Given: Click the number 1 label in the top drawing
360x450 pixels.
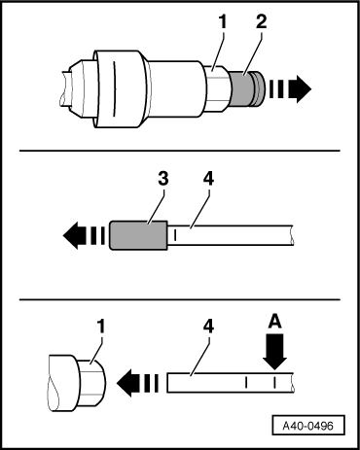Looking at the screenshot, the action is coord(222,22).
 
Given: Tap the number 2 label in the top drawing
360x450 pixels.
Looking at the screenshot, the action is coord(261,22).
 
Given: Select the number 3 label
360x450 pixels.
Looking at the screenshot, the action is coord(163,179).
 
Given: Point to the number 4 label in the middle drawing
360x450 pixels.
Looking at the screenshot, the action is coord(208,179).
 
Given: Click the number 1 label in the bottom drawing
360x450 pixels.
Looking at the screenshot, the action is coord(101,327).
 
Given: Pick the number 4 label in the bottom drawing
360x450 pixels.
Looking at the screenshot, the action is coord(208,327).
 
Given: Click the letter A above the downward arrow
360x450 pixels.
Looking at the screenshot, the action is coord(274,323).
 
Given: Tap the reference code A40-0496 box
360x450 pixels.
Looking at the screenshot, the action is coord(308,425).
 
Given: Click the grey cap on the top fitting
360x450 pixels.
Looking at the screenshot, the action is coord(247,89).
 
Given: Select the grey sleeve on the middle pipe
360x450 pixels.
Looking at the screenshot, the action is coord(138,235).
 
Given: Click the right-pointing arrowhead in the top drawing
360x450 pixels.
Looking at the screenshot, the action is coord(300,89).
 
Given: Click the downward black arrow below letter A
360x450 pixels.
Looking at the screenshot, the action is coord(274,352).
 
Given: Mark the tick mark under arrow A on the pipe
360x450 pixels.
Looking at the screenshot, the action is coord(274,383).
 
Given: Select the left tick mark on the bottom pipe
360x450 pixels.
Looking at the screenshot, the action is coord(246,383).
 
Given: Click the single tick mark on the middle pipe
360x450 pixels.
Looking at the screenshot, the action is coord(175,235).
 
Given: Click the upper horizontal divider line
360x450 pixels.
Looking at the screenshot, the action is coord(180,151).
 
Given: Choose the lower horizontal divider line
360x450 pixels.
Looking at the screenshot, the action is coord(180,299).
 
